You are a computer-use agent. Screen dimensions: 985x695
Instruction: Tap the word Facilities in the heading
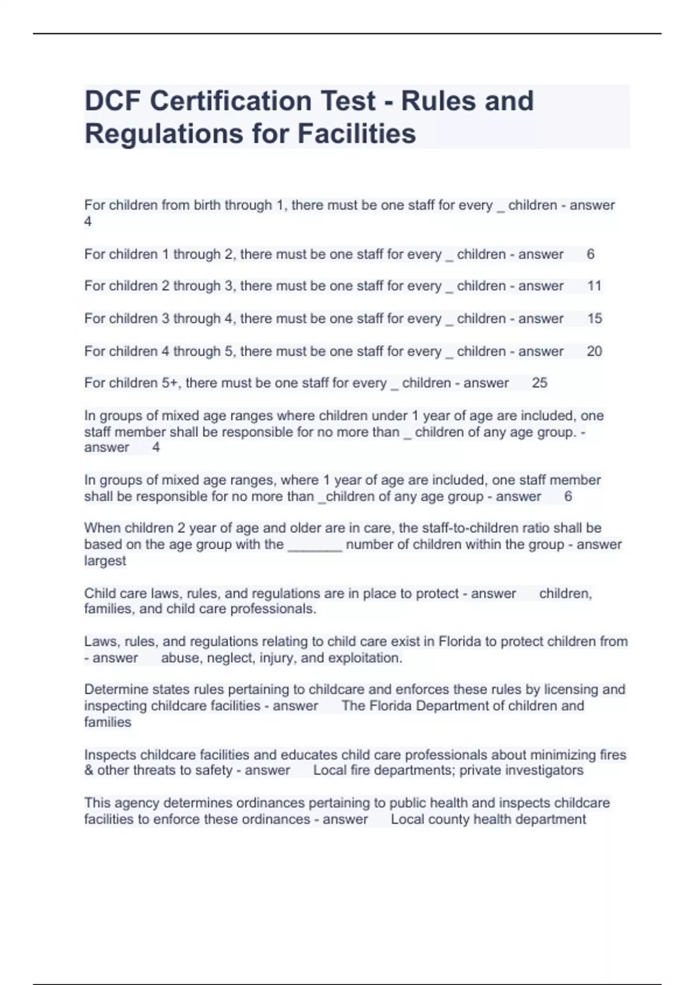(x=357, y=133)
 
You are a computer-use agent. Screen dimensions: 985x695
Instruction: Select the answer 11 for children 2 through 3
(x=594, y=286)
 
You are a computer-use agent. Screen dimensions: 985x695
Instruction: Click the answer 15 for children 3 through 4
(x=594, y=318)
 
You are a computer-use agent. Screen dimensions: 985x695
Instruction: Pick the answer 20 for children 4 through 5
(x=594, y=351)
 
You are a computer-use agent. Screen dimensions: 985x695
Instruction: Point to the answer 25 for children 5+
(x=539, y=383)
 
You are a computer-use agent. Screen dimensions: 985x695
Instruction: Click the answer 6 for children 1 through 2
(x=590, y=254)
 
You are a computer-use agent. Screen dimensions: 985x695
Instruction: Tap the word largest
(x=105, y=561)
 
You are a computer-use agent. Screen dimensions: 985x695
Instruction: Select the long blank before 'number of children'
(x=314, y=545)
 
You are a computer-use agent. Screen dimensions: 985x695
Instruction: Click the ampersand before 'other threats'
(x=89, y=770)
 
